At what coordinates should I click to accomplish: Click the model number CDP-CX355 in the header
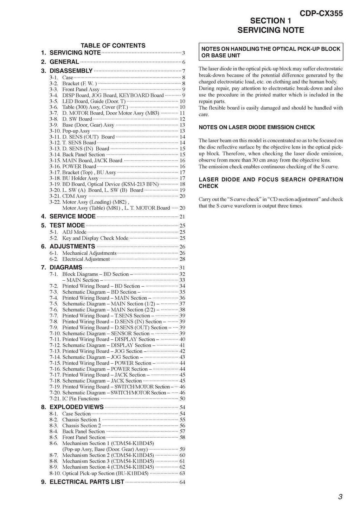coord(321,14)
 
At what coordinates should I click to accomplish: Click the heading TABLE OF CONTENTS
coord(113,45)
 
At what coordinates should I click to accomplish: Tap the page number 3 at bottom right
coord(340,497)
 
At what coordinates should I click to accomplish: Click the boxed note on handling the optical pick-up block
coord(270,52)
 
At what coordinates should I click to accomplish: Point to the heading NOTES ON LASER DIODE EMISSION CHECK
coord(257,127)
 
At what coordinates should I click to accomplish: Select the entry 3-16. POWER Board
coord(79,166)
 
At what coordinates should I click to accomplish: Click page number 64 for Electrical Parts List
coord(182,482)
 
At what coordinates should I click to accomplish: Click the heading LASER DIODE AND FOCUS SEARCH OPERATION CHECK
coord(271,183)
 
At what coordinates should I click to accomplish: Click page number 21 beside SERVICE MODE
coord(182,217)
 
